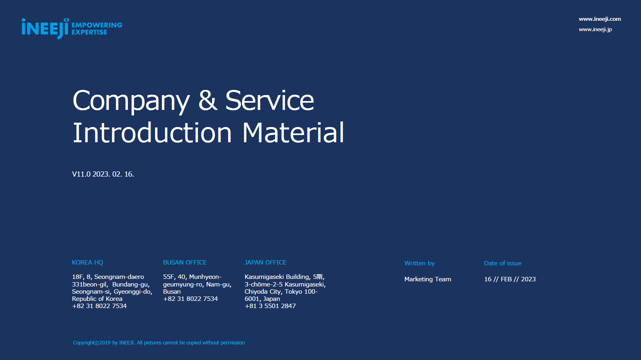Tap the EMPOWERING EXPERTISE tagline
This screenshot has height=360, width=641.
[97, 29]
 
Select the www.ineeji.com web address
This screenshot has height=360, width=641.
[599, 19]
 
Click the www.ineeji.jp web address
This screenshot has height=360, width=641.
[595, 30]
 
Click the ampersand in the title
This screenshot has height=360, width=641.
[208, 100]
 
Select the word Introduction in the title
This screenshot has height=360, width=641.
[152, 132]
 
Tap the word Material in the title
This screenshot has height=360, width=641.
[293, 132]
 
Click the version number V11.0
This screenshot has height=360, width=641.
[81, 174]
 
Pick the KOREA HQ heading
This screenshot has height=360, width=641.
[87, 263]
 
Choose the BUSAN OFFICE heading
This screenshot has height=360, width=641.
[185, 263]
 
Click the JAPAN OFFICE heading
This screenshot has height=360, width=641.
[266, 263]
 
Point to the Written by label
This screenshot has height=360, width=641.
[419, 263]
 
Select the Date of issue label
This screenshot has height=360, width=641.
[503, 263]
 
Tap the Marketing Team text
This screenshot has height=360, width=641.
[427, 279]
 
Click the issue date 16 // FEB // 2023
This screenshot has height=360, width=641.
[510, 279]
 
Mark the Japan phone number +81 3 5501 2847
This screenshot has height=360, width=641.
[270, 306]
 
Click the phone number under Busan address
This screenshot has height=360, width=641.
[190, 299]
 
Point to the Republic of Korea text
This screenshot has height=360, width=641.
[97, 299]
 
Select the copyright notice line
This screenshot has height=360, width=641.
[159, 343]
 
